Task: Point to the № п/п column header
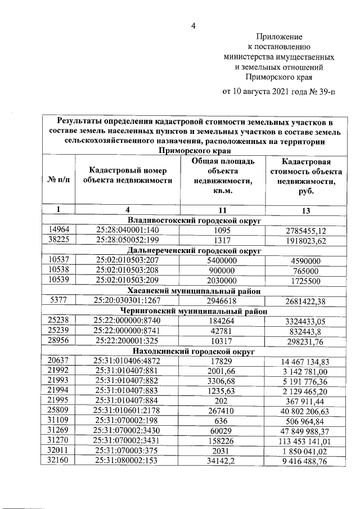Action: tap(58, 179)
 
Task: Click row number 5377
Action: tap(58, 300)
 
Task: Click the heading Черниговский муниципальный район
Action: tap(194, 310)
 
